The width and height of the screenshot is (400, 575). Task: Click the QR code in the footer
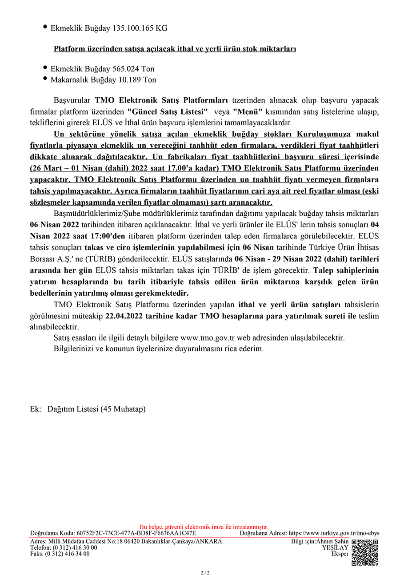(364, 552)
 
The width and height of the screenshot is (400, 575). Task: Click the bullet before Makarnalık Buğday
(45, 79)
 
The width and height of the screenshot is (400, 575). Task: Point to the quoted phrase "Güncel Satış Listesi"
(168, 111)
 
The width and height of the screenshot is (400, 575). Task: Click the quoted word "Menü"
(248, 111)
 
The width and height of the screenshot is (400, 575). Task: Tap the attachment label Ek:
(36, 409)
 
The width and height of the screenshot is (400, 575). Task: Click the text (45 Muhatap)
(123, 409)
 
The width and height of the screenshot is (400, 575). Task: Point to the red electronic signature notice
(204, 527)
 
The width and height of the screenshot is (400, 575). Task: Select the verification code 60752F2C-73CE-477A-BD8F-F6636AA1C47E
(136, 533)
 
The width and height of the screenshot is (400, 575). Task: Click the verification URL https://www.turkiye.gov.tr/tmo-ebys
(334, 533)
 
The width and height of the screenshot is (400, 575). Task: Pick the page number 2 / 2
(205, 572)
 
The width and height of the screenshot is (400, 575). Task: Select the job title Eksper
(340, 554)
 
